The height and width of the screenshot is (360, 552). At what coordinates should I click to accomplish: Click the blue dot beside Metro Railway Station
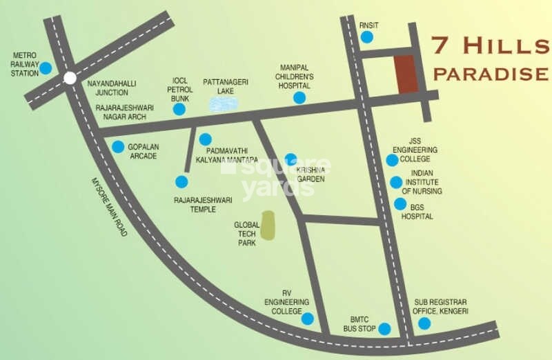click(x=46, y=68)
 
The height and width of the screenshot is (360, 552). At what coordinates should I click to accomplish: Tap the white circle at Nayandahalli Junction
click(x=70, y=78)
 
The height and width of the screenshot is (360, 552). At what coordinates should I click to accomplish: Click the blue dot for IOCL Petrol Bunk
click(x=179, y=109)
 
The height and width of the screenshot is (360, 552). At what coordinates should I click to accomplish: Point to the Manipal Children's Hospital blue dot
click(x=299, y=98)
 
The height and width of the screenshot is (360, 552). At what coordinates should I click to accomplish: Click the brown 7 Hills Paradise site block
click(x=406, y=74)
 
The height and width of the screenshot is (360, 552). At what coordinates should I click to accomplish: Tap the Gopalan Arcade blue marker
click(x=118, y=146)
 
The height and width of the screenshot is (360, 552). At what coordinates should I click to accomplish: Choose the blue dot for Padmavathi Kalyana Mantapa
click(x=204, y=139)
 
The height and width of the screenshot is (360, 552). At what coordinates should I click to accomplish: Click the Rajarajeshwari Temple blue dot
click(x=181, y=181)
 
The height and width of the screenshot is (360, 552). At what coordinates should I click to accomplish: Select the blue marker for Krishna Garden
click(x=290, y=159)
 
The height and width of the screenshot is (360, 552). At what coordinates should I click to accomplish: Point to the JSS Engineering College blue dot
click(x=392, y=160)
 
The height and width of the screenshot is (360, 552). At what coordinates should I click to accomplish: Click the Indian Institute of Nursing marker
click(x=395, y=183)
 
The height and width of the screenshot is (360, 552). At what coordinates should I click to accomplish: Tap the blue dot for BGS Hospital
click(x=400, y=204)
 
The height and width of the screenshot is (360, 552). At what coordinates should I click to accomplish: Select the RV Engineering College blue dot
click(x=307, y=319)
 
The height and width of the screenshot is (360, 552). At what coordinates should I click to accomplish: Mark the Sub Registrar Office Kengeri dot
click(x=424, y=323)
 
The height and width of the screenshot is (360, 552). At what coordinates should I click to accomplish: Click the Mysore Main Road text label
click(x=110, y=207)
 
